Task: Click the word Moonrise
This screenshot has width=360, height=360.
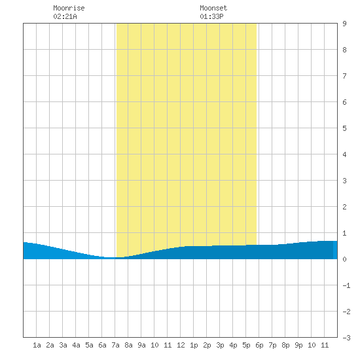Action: click(69, 8)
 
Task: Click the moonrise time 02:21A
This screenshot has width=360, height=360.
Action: click(65, 16)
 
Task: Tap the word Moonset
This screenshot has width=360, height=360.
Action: click(213, 8)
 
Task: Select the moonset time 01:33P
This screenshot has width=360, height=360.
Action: click(211, 16)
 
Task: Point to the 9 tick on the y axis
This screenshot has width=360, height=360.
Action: click(344, 24)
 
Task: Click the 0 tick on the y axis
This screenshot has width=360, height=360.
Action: click(344, 259)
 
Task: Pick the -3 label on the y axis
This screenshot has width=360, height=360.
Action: click(346, 338)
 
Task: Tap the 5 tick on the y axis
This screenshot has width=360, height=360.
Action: click(344, 128)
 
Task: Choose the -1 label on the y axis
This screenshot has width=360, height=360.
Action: click(346, 285)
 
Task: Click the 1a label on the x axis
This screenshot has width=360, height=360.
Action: click(37, 345)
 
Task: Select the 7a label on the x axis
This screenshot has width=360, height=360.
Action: click(115, 345)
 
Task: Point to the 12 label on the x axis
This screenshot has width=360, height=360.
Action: click(181, 345)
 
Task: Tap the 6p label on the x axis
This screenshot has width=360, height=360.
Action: click(259, 345)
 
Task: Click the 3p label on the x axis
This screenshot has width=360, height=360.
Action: click(220, 345)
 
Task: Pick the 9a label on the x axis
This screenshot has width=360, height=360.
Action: click(141, 345)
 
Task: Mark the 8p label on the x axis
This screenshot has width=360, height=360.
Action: click(285, 345)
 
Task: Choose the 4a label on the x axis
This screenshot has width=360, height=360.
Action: click(76, 345)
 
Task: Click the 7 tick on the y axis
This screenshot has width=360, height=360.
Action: click(344, 76)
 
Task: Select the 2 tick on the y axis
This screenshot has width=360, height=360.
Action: click(344, 207)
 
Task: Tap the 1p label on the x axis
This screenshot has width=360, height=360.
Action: click(194, 345)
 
